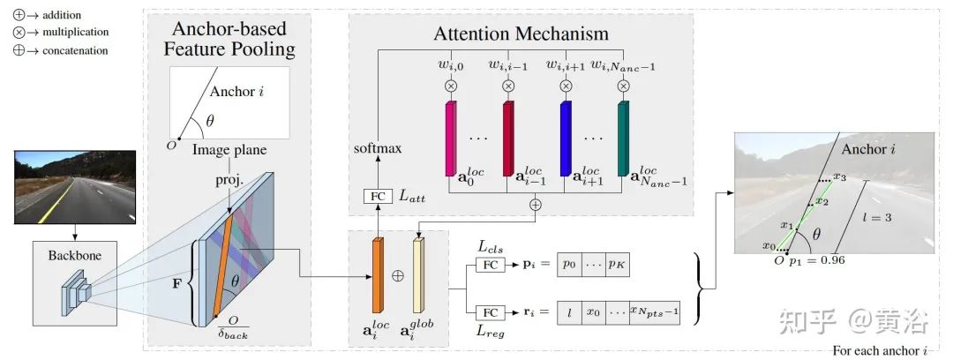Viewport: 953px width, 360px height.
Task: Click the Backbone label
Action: [x=75, y=255]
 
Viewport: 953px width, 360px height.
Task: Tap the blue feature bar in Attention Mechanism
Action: [x=566, y=139]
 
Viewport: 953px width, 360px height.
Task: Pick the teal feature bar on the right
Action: [x=623, y=139]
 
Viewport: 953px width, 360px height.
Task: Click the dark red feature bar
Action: [x=509, y=139]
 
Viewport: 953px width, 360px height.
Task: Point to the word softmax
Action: [x=378, y=148]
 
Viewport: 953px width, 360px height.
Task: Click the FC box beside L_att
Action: [x=378, y=196]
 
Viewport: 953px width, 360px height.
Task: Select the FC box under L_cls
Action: [x=490, y=265]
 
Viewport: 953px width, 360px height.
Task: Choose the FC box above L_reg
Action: [x=490, y=312]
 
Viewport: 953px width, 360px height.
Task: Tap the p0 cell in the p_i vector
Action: [x=569, y=265]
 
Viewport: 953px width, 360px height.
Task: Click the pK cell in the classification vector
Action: [x=617, y=265]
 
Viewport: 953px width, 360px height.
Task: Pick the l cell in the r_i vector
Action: [x=569, y=312]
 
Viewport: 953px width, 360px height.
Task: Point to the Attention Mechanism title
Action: [x=521, y=33]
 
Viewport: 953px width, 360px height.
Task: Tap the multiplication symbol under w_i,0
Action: [x=451, y=86]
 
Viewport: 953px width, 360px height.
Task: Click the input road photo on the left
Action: [x=75, y=187]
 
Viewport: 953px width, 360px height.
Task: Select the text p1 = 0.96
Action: [x=817, y=260]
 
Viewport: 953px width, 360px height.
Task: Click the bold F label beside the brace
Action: [x=177, y=283]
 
